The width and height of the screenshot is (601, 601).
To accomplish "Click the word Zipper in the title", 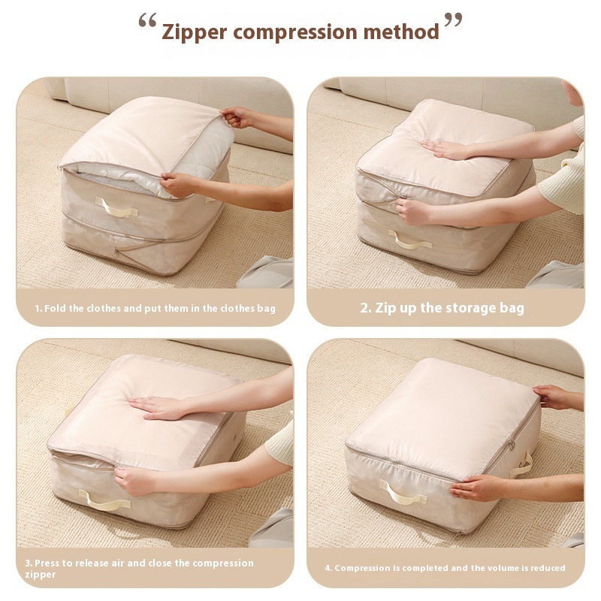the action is pos(195,32).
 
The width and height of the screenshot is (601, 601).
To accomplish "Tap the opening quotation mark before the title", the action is pos(147,20).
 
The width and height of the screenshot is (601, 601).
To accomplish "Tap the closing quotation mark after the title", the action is pos(453,20).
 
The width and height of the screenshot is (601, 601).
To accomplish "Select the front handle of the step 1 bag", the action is pos(116,207).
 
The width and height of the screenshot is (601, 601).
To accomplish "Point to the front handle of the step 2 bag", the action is pos(409,240).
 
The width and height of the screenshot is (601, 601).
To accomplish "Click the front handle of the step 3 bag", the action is pos(104,500).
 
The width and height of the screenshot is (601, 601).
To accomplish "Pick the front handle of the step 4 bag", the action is pos(403,493).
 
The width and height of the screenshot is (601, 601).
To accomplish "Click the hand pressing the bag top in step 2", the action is pos(445,149).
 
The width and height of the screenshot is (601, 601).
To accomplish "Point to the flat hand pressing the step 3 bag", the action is pos(158,407).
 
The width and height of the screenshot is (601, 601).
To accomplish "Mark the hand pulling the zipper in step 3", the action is pos(134,481).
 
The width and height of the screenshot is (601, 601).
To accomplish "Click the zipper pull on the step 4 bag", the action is pos(512,445).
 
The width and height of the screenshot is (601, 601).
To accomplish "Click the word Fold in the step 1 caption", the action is pos(55,309).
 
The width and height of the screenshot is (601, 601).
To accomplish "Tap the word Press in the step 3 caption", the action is pos(47,563).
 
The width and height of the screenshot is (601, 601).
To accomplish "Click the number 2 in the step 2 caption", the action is pos(364,308).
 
